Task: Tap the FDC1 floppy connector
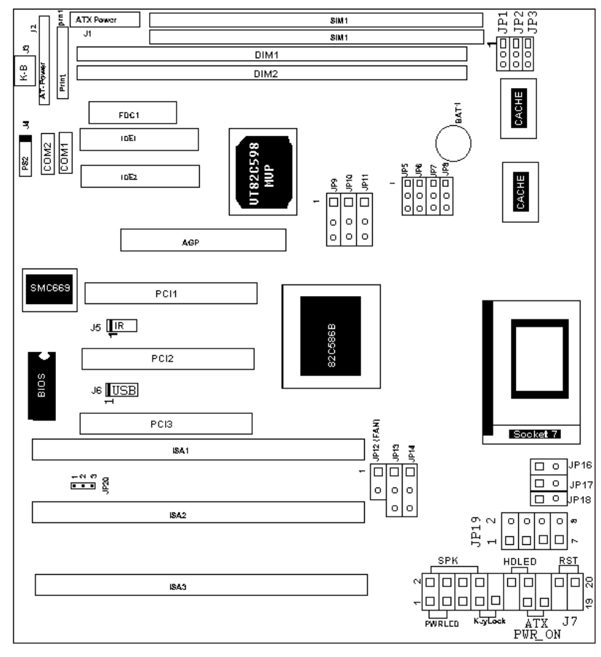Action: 133,113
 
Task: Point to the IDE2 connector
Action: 140,176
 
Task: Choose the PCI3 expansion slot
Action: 166,423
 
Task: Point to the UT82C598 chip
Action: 262,171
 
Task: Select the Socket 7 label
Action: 536,434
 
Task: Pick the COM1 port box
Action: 65,153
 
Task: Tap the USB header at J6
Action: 123,391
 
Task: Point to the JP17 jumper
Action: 546,482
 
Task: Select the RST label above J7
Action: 567,561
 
